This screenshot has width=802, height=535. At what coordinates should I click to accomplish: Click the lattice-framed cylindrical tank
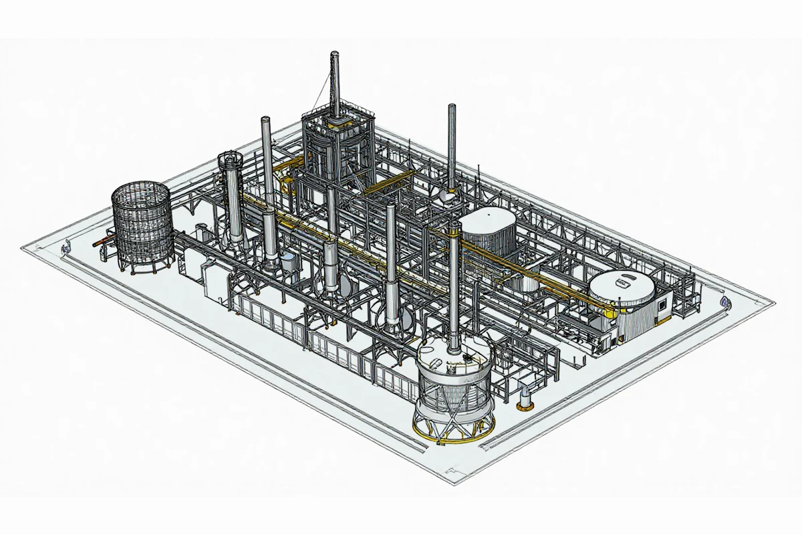click(141, 224)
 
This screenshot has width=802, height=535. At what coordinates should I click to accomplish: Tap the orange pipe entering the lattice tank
click(102, 239)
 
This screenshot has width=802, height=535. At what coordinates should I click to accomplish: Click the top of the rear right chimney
click(452, 108)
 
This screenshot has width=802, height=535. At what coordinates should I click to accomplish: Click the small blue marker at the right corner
click(724, 303)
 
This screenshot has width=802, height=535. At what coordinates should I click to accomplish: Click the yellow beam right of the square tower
click(388, 182)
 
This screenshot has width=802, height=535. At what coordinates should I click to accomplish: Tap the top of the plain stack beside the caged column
click(265, 120)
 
